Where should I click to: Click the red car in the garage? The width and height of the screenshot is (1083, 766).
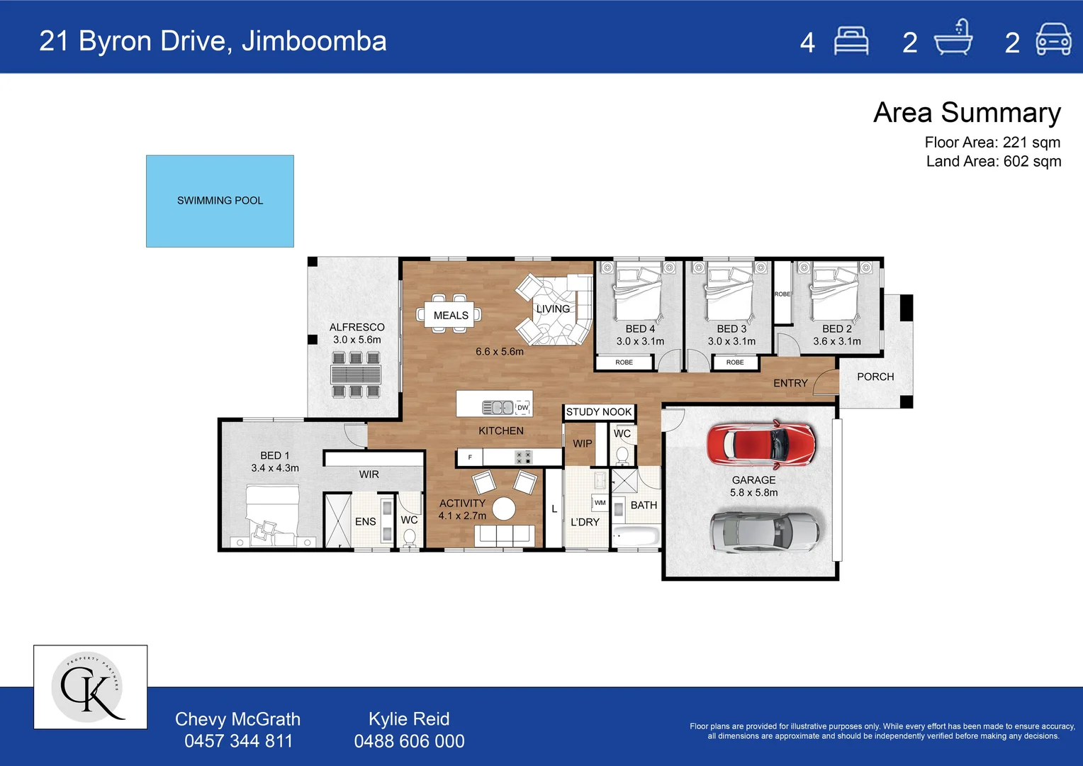761,444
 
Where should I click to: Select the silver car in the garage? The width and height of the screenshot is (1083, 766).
765,532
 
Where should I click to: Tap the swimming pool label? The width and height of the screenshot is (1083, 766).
220,200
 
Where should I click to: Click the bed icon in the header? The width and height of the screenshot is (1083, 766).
851,41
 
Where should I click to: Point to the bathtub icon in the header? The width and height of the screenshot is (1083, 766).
953,38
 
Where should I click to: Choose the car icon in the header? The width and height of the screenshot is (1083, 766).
1053,39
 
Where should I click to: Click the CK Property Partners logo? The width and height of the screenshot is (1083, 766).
91,687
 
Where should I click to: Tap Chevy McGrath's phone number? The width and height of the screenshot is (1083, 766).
238,741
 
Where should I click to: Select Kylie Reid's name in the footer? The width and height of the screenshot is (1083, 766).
409,719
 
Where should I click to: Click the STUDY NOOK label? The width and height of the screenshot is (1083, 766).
598,412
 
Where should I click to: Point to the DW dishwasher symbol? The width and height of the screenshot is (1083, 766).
522,407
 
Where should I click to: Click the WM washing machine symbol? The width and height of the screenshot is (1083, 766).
600,502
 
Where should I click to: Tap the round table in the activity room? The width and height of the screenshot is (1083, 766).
504,509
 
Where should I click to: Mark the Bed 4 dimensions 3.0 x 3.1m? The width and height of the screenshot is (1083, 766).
640,341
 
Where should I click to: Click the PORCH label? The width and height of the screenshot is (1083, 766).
875,377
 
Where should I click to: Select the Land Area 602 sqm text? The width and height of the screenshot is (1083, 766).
994,161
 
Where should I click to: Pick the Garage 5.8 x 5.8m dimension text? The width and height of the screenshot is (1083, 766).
753,493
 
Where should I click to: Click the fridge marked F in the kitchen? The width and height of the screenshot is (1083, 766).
470,457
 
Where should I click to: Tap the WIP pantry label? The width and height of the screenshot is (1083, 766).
582,444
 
